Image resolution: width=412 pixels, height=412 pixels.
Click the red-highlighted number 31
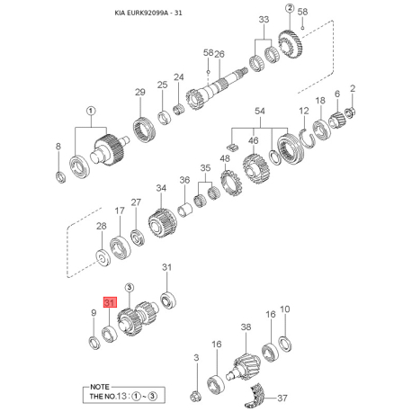point(110,302)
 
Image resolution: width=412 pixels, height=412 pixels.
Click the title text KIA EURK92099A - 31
point(148,13)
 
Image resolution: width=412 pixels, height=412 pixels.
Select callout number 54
point(260,112)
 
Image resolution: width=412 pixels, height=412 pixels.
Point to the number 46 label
point(254,140)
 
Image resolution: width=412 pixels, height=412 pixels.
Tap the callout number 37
point(282,399)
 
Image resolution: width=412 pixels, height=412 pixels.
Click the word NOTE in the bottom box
point(100,387)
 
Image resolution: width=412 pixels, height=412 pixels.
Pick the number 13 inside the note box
point(121,396)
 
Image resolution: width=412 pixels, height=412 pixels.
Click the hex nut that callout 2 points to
point(349,113)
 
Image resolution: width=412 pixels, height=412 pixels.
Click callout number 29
point(140,92)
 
